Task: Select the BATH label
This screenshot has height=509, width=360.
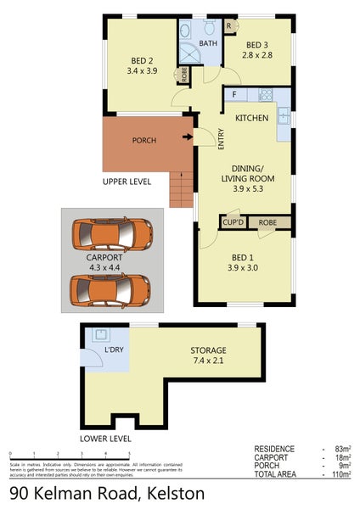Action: click(208, 43)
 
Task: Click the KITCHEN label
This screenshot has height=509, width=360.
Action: click(252, 118)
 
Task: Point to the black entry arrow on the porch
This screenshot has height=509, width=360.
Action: click(188, 137)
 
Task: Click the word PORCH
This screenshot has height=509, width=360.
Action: click(143, 140)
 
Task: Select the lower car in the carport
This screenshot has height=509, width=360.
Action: click(111, 288)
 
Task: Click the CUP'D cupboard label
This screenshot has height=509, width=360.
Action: click(233, 222)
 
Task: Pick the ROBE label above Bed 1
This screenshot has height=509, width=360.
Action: click(267, 222)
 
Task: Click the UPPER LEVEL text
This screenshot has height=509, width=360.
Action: click(127, 182)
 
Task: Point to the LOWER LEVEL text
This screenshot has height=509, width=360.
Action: click(105, 439)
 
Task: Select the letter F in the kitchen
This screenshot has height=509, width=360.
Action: click(234, 95)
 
